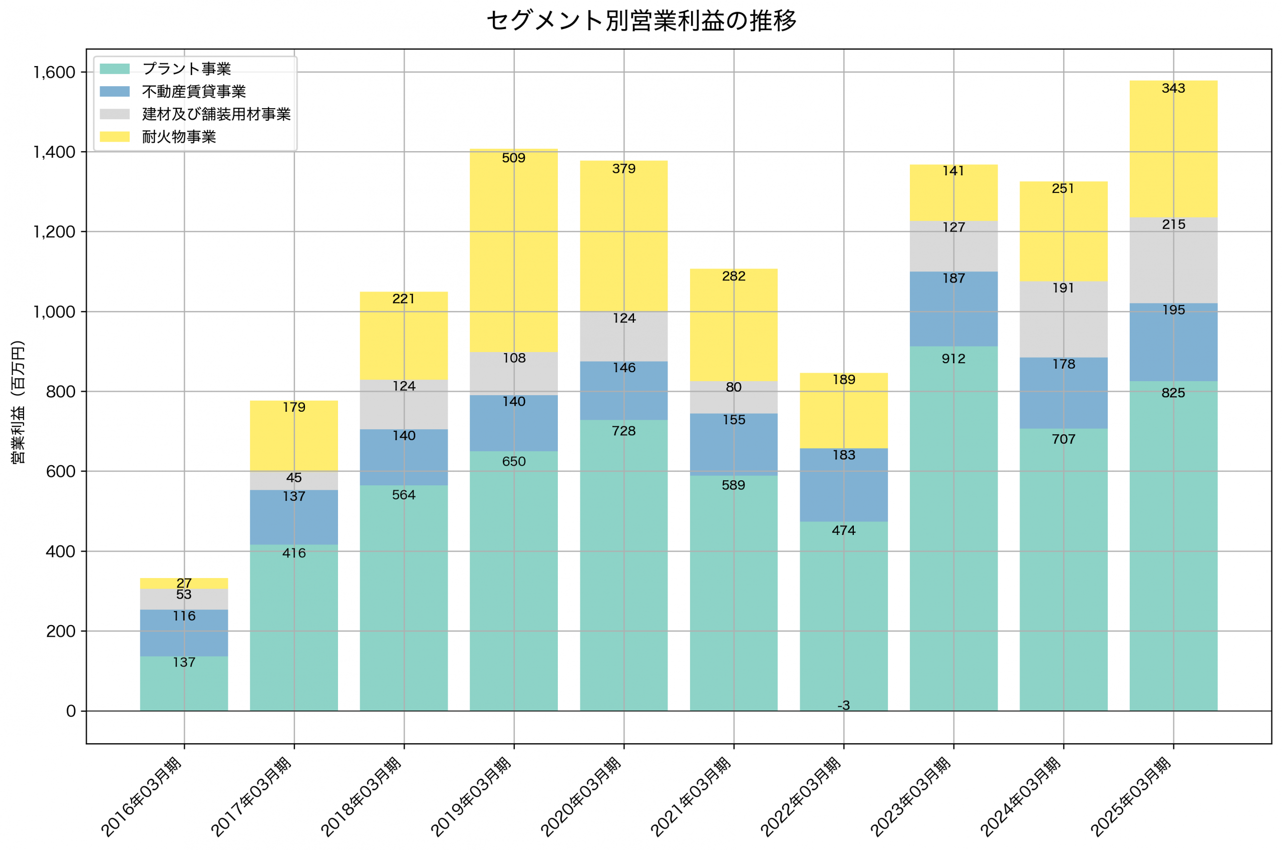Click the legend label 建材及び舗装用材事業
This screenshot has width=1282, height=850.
click(x=216, y=114)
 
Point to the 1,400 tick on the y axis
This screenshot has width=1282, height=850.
click(x=54, y=152)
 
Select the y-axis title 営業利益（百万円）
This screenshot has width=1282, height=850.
click(x=18, y=402)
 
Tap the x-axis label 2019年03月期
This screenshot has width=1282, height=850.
click(x=471, y=797)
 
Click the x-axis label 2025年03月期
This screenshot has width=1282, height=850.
click(x=1131, y=797)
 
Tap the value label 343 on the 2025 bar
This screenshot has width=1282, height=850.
click(x=1174, y=88)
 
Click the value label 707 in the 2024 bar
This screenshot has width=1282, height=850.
click(x=1064, y=439)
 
